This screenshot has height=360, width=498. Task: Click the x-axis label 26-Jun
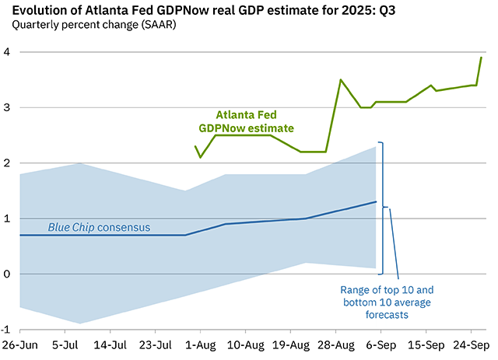[x=20, y=344]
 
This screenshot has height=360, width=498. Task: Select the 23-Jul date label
[x=156, y=344]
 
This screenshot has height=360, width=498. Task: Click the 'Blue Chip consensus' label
[x=99, y=228]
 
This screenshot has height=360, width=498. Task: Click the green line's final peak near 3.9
[x=481, y=58]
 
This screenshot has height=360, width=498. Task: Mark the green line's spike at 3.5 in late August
[x=341, y=80]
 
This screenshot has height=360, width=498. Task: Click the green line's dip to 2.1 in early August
[x=201, y=157]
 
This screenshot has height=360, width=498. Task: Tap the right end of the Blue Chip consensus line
[x=376, y=202]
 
